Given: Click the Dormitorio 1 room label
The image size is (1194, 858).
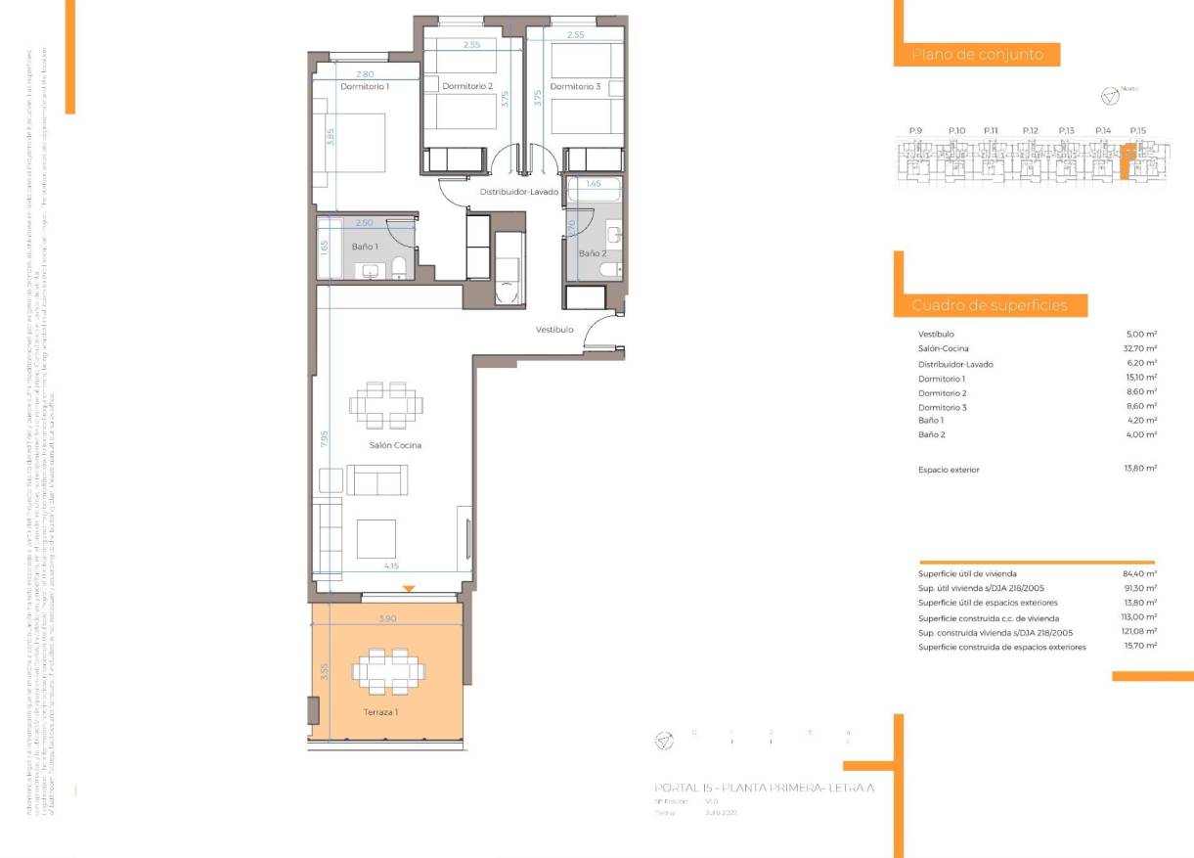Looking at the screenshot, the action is [x=364, y=87].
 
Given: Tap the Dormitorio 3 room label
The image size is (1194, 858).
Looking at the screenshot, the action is [x=575, y=87].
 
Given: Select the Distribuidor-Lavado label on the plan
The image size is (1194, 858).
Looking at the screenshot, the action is [x=518, y=192].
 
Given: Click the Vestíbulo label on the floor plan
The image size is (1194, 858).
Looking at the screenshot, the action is [x=553, y=330].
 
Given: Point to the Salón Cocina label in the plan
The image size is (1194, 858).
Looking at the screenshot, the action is [x=395, y=445].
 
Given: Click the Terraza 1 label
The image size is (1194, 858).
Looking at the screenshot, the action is [x=380, y=712].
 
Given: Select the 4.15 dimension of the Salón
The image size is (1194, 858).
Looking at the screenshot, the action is [x=391, y=566].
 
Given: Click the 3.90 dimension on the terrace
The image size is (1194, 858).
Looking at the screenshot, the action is [x=387, y=619].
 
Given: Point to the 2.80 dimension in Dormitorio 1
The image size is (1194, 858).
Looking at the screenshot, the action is [x=365, y=74].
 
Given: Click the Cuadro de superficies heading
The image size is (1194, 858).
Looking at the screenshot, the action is [x=991, y=306].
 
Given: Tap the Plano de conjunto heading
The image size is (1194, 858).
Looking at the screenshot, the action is [x=977, y=55].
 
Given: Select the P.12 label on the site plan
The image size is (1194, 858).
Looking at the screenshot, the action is [x=1030, y=130].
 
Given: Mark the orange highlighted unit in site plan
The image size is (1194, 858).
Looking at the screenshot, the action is [x=1128, y=161].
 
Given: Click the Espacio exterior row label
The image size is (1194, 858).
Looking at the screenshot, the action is [x=949, y=470].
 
